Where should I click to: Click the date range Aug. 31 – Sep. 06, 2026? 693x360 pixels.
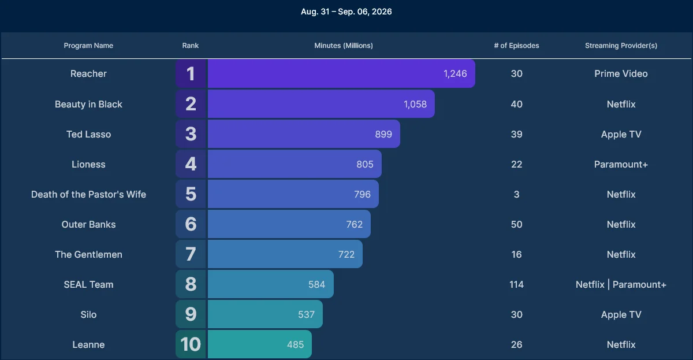346,12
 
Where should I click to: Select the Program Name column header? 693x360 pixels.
88,46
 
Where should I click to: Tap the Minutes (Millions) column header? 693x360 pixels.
344,46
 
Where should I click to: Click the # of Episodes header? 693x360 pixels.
516,46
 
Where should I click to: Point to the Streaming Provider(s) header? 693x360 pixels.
621,46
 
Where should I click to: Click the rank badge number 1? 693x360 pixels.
191,73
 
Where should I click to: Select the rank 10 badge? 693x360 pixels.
191,344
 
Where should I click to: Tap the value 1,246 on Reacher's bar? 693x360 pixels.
455,73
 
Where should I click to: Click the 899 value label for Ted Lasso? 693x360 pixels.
383,134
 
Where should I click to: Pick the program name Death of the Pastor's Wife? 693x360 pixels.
88,194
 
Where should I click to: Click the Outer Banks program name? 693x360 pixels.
88,224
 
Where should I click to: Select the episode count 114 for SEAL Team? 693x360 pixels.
516,284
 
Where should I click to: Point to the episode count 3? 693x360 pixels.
516,194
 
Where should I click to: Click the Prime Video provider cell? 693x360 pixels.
621,73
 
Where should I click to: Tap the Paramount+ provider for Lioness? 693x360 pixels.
621,164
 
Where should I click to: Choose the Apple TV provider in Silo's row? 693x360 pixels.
621,314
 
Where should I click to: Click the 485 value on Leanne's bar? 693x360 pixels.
295,344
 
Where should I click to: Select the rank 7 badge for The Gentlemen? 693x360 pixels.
191,254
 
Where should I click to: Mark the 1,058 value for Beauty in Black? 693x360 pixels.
415,104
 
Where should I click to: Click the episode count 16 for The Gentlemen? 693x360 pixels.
516,254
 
